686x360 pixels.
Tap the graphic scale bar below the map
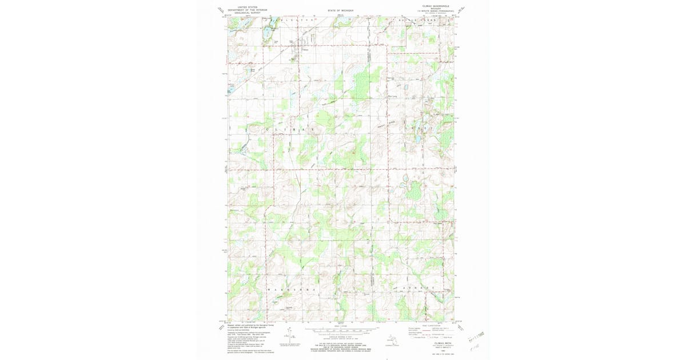(x=341, y=330)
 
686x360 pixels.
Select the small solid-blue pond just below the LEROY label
(x=418, y=139)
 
